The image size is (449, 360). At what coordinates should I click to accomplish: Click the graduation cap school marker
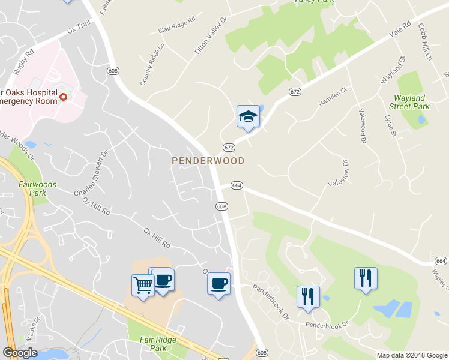coord(248,116)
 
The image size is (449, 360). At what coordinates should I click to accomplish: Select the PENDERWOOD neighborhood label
coord(208,161)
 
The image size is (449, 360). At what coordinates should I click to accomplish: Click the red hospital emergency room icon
coord(63,95)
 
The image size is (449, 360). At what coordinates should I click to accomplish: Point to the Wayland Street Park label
coord(409,102)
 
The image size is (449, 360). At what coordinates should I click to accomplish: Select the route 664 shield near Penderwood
coord(237,186)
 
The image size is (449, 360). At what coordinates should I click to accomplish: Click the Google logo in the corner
coord(20,353)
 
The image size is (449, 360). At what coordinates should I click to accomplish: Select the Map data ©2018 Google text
coord(411,355)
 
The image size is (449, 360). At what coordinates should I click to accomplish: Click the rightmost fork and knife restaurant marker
coord(366,278)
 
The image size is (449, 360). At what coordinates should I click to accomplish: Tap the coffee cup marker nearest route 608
coord(218,282)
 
